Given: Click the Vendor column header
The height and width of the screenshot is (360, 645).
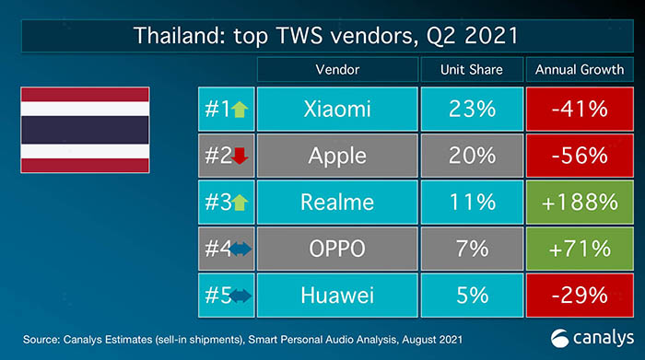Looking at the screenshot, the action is point(337,69).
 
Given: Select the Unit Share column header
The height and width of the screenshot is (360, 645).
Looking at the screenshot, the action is point(472,69).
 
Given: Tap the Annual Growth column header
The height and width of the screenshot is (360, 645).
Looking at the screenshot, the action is point(580,69).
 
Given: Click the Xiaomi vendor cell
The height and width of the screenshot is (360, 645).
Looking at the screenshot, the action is point(337,109).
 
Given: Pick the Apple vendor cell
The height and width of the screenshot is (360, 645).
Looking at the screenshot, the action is point(337,156).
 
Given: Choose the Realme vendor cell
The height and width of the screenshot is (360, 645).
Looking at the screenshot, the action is point(337,203).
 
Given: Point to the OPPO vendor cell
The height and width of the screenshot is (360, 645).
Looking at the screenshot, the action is point(337,249).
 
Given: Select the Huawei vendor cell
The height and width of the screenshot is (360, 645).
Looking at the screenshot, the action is point(337,296).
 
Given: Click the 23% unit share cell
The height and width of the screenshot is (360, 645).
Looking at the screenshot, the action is point(472,109).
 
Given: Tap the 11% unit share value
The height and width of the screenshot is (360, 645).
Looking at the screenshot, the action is point(472,203).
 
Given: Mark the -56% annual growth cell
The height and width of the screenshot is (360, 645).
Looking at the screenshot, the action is point(580,156).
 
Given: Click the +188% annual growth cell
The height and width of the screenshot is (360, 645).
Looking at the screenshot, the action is point(580,203).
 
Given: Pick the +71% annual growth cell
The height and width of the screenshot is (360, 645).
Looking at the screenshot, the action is point(580,249).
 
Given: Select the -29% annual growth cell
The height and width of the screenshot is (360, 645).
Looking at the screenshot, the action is point(580,296).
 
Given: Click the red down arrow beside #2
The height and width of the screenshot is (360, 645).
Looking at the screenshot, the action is point(240,156).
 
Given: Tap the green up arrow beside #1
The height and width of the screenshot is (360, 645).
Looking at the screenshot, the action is point(240,110).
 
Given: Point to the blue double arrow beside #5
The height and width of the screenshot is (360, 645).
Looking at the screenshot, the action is point(240,296).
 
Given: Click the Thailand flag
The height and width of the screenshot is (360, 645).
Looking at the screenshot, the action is point(85,130).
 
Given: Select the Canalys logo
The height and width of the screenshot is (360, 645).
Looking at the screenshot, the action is point(592,338).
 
